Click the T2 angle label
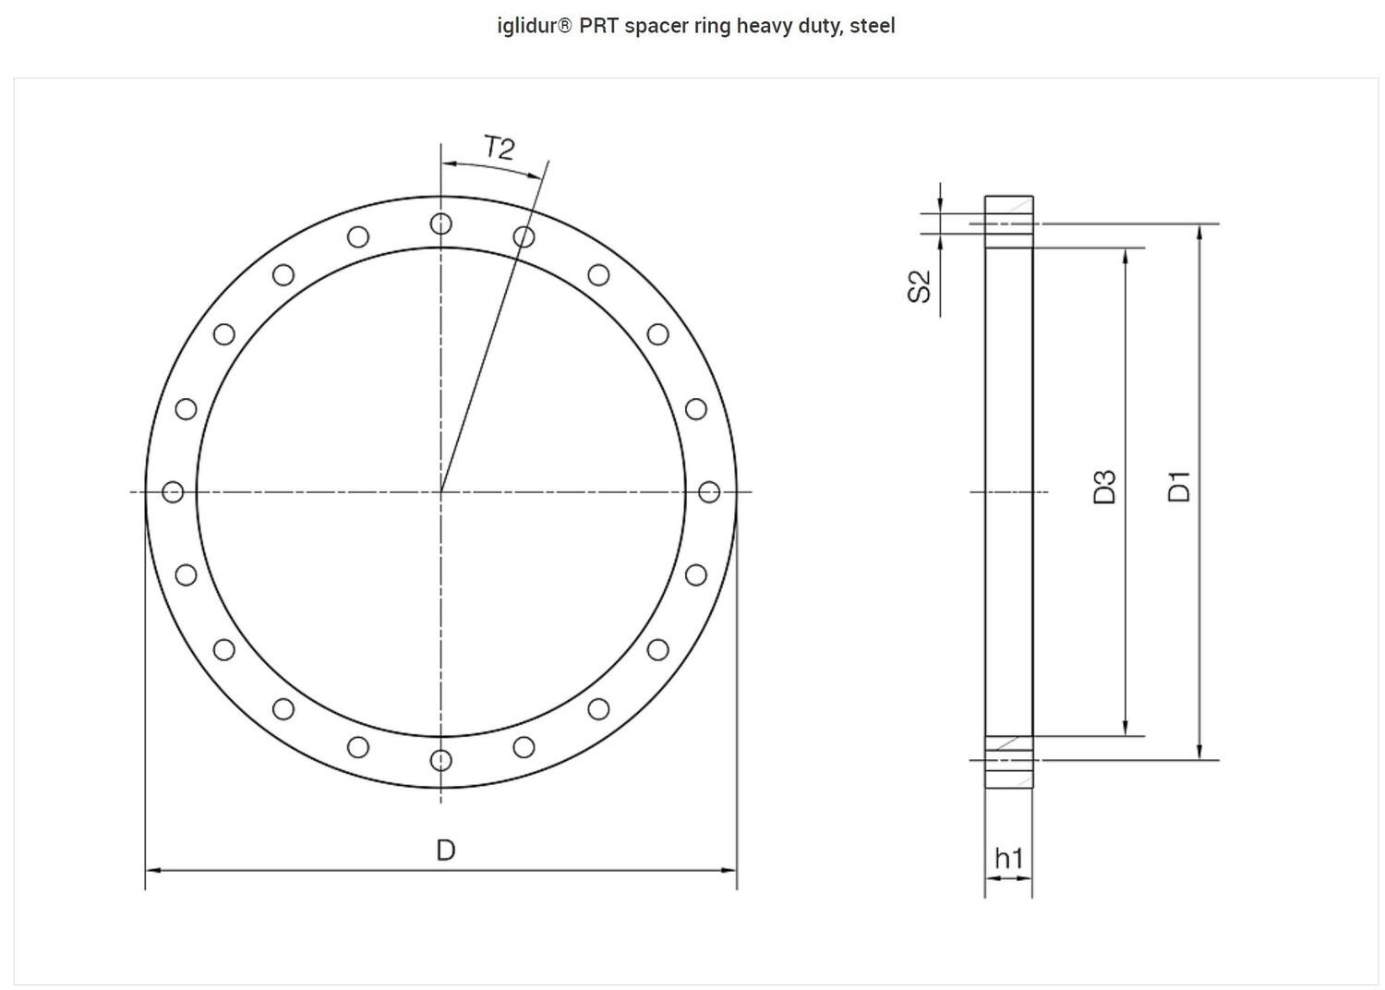[x=499, y=149]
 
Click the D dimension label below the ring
[x=445, y=851]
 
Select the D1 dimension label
[x=1179, y=487]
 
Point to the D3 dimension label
[x=1104, y=487]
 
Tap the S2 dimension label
[x=920, y=287]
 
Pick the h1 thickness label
[x=1008, y=859]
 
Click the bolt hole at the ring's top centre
[x=441, y=223]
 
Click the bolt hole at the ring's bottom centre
[x=441, y=760]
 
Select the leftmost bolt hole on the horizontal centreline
[x=173, y=492]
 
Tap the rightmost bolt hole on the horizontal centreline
[x=709, y=492]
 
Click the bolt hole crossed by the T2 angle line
[x=524, y=237]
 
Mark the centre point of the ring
[x=441, y=492]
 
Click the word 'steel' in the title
[x=873, y=26]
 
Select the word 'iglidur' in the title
[x=527, y=26]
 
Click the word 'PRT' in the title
[x=599, y=26]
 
